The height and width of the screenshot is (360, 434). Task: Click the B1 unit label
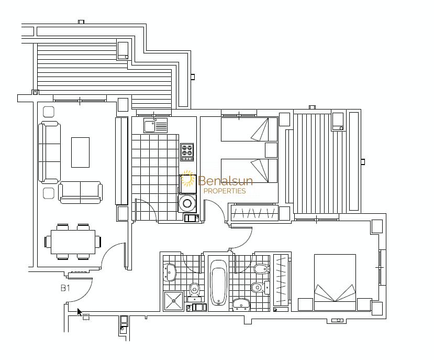[x=65, y=288]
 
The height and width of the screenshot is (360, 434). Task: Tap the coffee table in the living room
[x=80, y=152]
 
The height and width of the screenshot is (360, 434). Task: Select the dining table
[x=73, y=242]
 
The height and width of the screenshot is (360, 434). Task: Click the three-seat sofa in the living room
[x=50, y=152]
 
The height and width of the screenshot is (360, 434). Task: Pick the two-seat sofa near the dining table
[x=80, y=193]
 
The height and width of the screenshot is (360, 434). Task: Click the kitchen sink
[x=155, y=125]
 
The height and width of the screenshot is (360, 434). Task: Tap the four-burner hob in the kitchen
[x=187, y=152]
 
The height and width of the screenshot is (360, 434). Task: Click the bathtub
[x=219, y=282]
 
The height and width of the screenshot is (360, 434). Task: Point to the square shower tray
[x=173, y=301]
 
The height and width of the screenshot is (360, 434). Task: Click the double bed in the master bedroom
[x=335, y=282]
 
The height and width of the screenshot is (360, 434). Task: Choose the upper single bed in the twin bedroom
[x=249, y=129]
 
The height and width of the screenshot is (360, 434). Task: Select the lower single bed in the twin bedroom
[x=249, y=171]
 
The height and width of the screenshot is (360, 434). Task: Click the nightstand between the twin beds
[x=271, y=150]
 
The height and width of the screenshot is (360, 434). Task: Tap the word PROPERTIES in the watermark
[x=225, y=191]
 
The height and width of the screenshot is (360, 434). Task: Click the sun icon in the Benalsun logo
[x=187, y=178]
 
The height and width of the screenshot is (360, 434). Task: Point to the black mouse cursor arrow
[x=80, y=312]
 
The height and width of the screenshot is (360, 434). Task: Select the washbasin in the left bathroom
[x=170, y=272]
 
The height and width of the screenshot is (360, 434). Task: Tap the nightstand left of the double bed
[x=305, y=304]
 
